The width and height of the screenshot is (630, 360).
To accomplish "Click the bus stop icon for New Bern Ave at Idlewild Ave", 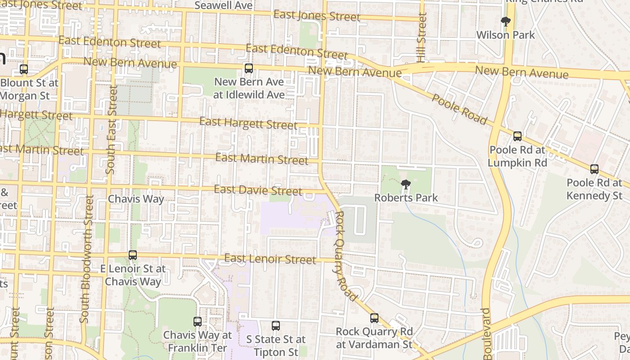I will (x=248, y=68).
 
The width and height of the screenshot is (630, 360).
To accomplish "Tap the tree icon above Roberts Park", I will (x=405, y=184).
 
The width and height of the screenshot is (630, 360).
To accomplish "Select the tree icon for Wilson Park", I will (x=506, y=21).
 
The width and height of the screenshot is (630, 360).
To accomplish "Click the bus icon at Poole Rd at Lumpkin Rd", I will (x=517, y=136).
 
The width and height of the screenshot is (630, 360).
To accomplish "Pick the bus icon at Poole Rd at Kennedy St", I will (x=594, y=169).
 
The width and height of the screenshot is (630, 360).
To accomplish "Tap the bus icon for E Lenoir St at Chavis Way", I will (x=133, y=255).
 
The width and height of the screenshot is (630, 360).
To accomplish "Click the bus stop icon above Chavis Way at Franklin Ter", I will (x=198, y=322).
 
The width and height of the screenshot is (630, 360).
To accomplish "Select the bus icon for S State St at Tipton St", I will (x=276, y=325).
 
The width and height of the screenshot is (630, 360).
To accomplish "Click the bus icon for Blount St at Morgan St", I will (x=24, y=69).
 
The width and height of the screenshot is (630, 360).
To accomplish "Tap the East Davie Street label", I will (x=258, y=190).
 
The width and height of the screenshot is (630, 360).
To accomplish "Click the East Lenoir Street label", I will (x=270, y=259).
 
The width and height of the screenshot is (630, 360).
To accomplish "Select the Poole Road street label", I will (x=459, y=109).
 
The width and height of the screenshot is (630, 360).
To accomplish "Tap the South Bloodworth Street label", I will (x=86, y=259).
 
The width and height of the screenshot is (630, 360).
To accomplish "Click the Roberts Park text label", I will (x=406, y=198).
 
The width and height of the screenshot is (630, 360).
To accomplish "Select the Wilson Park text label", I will (x=505, y=35).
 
